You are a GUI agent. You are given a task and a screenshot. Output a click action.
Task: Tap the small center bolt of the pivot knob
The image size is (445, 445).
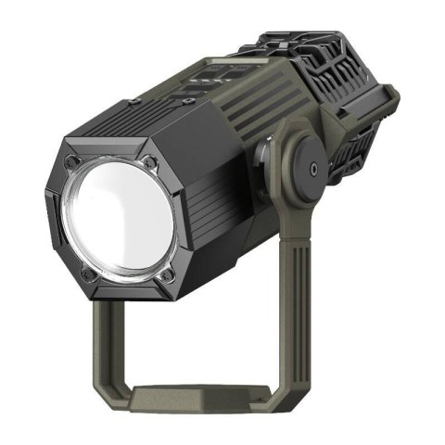click(316, 168)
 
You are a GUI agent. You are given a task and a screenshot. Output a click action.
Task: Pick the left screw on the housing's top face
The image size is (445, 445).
click(135, 100)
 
